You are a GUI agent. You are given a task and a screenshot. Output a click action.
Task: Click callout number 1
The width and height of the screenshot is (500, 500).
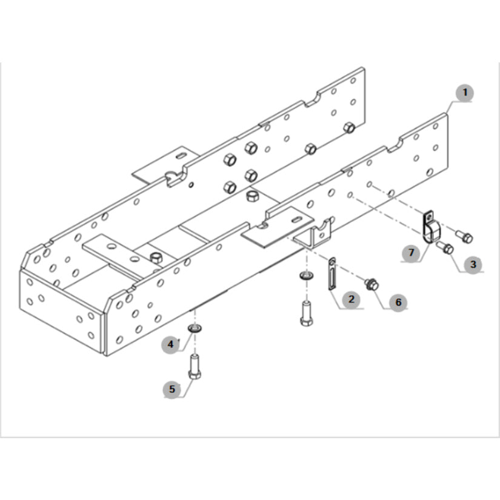465,93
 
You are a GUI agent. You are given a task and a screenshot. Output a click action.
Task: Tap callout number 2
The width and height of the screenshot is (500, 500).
352,299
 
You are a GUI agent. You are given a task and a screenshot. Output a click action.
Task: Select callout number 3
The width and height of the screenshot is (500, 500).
473,264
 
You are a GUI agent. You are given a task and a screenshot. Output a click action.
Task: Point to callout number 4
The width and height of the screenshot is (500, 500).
171,344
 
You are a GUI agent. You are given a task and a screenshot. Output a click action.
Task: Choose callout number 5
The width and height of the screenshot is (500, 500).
172,389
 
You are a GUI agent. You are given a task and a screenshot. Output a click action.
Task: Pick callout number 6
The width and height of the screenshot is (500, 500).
398,302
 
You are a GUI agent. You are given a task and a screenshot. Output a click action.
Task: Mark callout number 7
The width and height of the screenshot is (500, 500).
412,253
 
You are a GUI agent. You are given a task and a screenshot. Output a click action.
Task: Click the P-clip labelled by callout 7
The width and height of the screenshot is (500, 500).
429,227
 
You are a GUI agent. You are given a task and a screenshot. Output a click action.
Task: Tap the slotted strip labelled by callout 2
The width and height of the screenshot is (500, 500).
332,274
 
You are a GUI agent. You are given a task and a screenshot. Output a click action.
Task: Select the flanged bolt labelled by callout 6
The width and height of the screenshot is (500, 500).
372,284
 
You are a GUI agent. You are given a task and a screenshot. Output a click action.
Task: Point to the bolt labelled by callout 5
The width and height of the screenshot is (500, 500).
195,367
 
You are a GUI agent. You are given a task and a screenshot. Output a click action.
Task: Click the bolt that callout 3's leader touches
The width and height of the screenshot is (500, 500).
446,247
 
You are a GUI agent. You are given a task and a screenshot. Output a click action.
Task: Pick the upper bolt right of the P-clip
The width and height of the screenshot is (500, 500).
465,236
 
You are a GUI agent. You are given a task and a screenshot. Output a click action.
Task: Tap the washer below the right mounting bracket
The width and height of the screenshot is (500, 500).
307,275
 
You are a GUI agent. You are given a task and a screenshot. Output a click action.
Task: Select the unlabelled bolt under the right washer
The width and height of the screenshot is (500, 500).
307,313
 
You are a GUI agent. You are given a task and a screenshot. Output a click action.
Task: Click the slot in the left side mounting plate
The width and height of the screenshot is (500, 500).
181,156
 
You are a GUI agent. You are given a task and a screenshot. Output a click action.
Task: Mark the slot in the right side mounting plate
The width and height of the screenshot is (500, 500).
296,219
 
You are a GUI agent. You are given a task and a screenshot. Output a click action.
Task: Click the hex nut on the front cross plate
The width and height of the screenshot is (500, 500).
156,257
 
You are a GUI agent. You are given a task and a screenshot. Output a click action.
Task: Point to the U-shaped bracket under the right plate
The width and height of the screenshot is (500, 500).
314,235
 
